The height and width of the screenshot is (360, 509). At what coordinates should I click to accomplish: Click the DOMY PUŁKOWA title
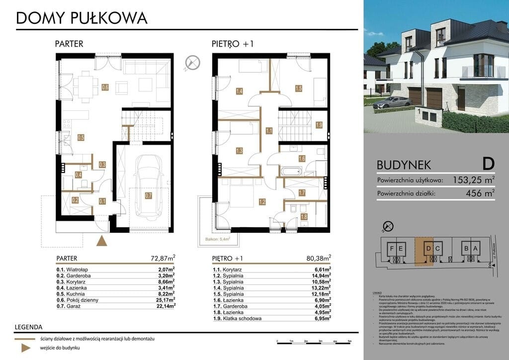coord(82,18)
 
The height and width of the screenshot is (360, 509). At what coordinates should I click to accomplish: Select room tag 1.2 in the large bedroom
coord(261,202)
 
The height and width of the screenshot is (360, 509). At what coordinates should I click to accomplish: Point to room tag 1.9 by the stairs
coord(319,125)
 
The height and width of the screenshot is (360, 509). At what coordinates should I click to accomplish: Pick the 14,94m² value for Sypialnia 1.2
coord(321,275)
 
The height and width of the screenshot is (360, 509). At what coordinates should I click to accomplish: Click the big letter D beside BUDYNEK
coord(488,164)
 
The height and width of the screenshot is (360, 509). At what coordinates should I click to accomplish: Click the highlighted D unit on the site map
coord(428,248)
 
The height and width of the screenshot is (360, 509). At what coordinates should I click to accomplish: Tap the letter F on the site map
coord(392,248)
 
